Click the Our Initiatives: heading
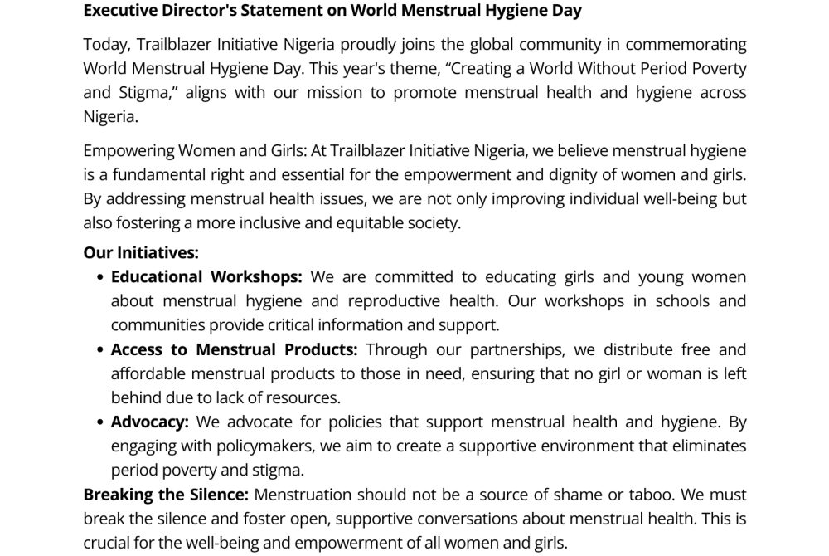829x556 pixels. (141, 252)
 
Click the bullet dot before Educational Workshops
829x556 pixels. (101, 277)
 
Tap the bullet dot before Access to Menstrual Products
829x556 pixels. (101, 350)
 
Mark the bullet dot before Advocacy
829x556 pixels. (101, 422)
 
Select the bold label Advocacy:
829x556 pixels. (150, 422)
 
